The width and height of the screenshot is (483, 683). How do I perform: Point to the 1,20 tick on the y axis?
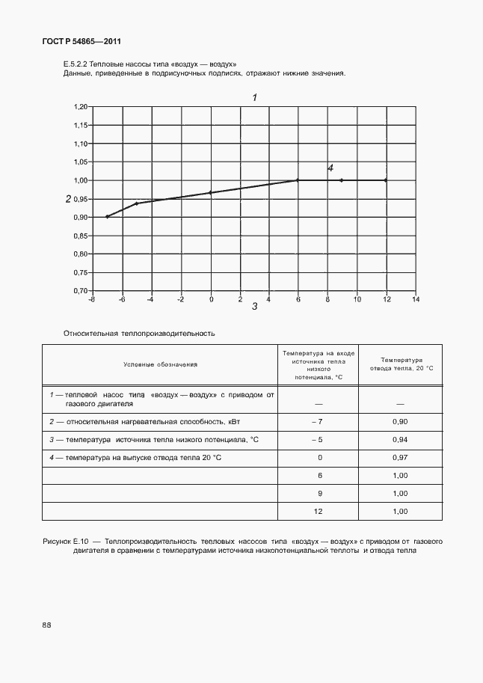click(x=81, y=107)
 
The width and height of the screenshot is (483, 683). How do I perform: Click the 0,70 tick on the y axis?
click(x=81, y=290)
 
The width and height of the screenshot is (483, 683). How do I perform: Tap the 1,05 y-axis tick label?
click(x=81, y=162)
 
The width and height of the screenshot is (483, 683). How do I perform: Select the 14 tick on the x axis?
click(x=416, y=299)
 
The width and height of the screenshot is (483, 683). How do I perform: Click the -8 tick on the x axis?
click(x=92, y=299)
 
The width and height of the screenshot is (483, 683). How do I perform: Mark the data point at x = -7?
click(x=108, y=216)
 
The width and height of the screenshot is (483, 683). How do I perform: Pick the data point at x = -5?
click(x=137, y=203)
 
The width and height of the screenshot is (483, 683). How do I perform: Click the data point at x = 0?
click(x=211, y=192)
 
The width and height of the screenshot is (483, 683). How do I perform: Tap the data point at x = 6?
click(x=298, y=180)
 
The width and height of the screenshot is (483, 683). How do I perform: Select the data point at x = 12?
click(x=386, y=180)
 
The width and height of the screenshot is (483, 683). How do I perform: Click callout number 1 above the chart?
click(x=255, y=97)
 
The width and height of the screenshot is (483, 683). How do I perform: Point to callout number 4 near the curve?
click(x=330, y=168)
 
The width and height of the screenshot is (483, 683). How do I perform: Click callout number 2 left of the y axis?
click(x=68, y=199)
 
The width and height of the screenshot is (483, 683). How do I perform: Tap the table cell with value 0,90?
click(x=400, y=423)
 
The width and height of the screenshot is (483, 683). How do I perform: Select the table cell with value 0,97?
click(x=400, y=457)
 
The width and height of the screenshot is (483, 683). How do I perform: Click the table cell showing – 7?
click(x=318, y=423)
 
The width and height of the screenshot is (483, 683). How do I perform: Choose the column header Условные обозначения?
click(x=160, y=364)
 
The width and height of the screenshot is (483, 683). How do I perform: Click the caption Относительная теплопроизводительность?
click(x=140, y=333)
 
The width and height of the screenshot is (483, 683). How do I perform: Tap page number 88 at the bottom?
click(x=47, y=624)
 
